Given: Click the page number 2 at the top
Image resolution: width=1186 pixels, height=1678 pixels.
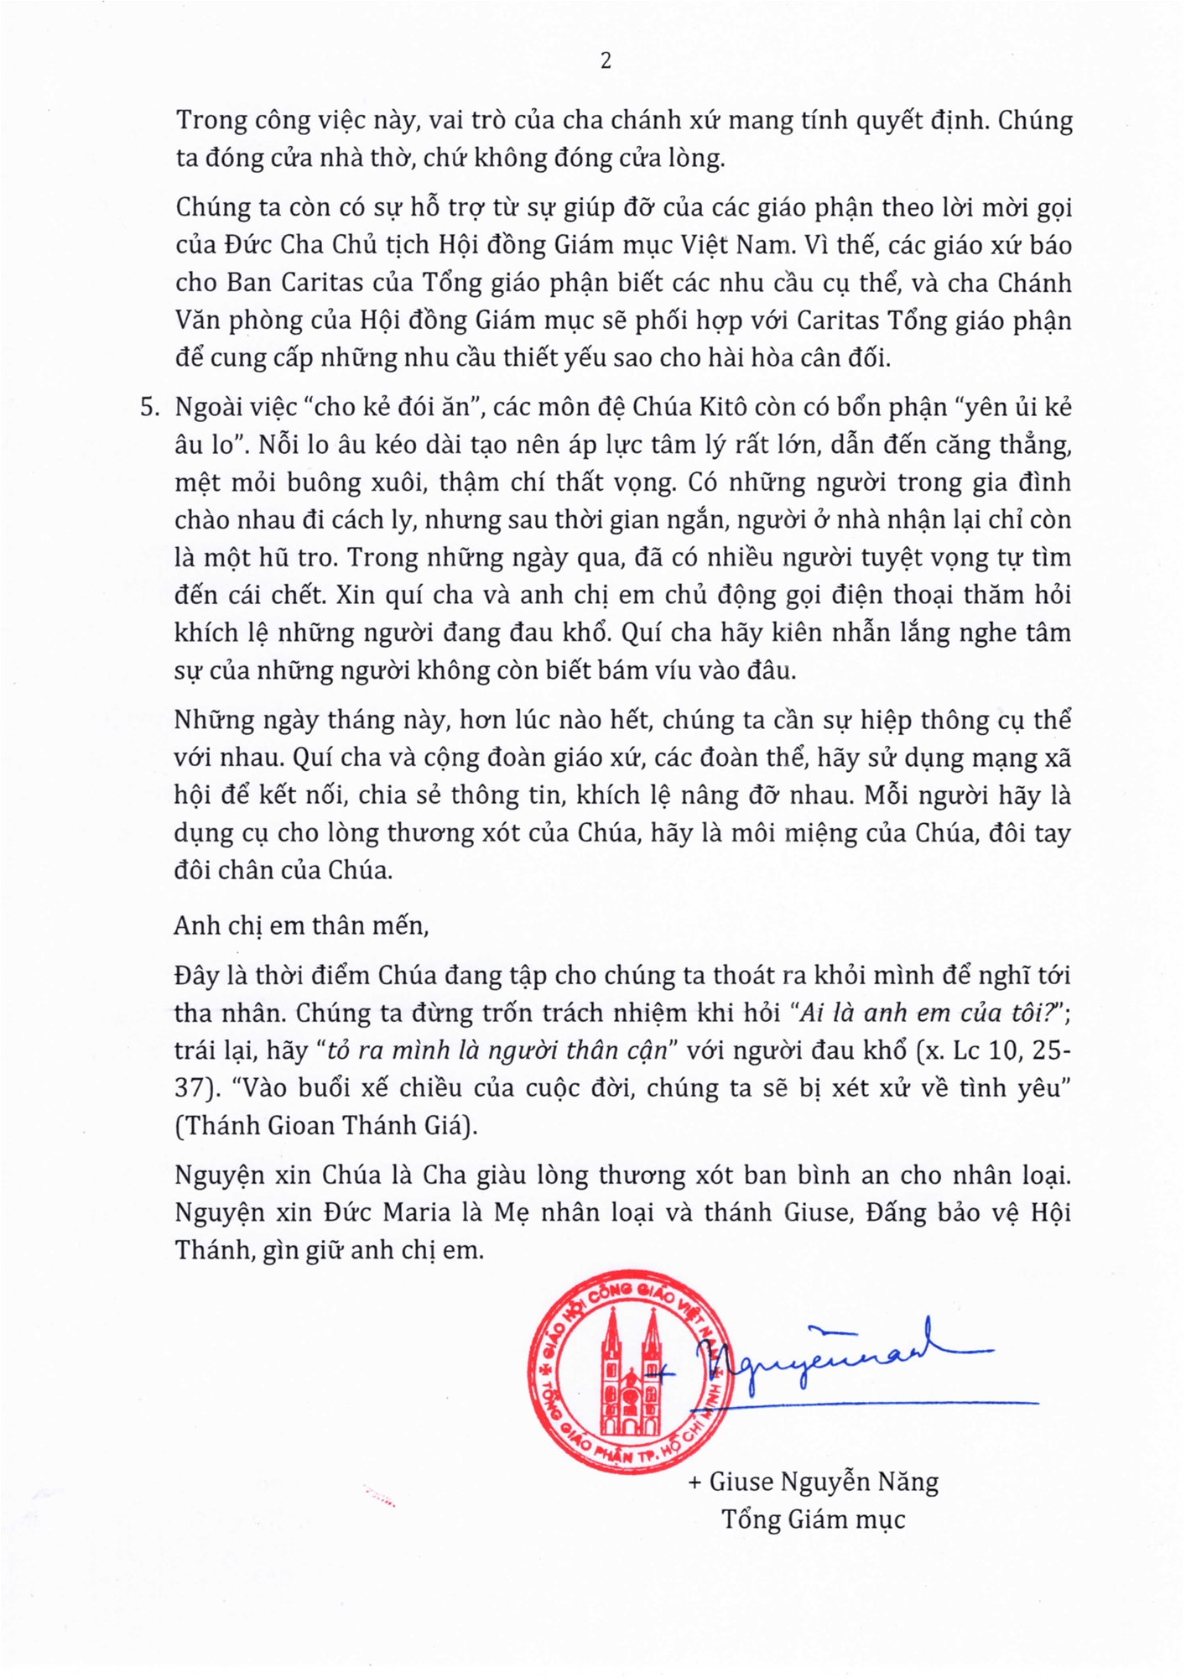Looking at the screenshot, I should point(606,61).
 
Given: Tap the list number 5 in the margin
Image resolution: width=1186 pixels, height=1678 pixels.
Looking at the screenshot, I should point(148,408).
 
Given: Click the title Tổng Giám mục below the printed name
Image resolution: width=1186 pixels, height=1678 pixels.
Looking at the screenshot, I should point(813,1519).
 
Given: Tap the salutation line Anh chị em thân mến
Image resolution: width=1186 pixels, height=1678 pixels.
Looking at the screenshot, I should point(301,925).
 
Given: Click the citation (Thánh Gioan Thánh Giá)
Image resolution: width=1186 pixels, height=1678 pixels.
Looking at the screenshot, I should point(326,1125).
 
